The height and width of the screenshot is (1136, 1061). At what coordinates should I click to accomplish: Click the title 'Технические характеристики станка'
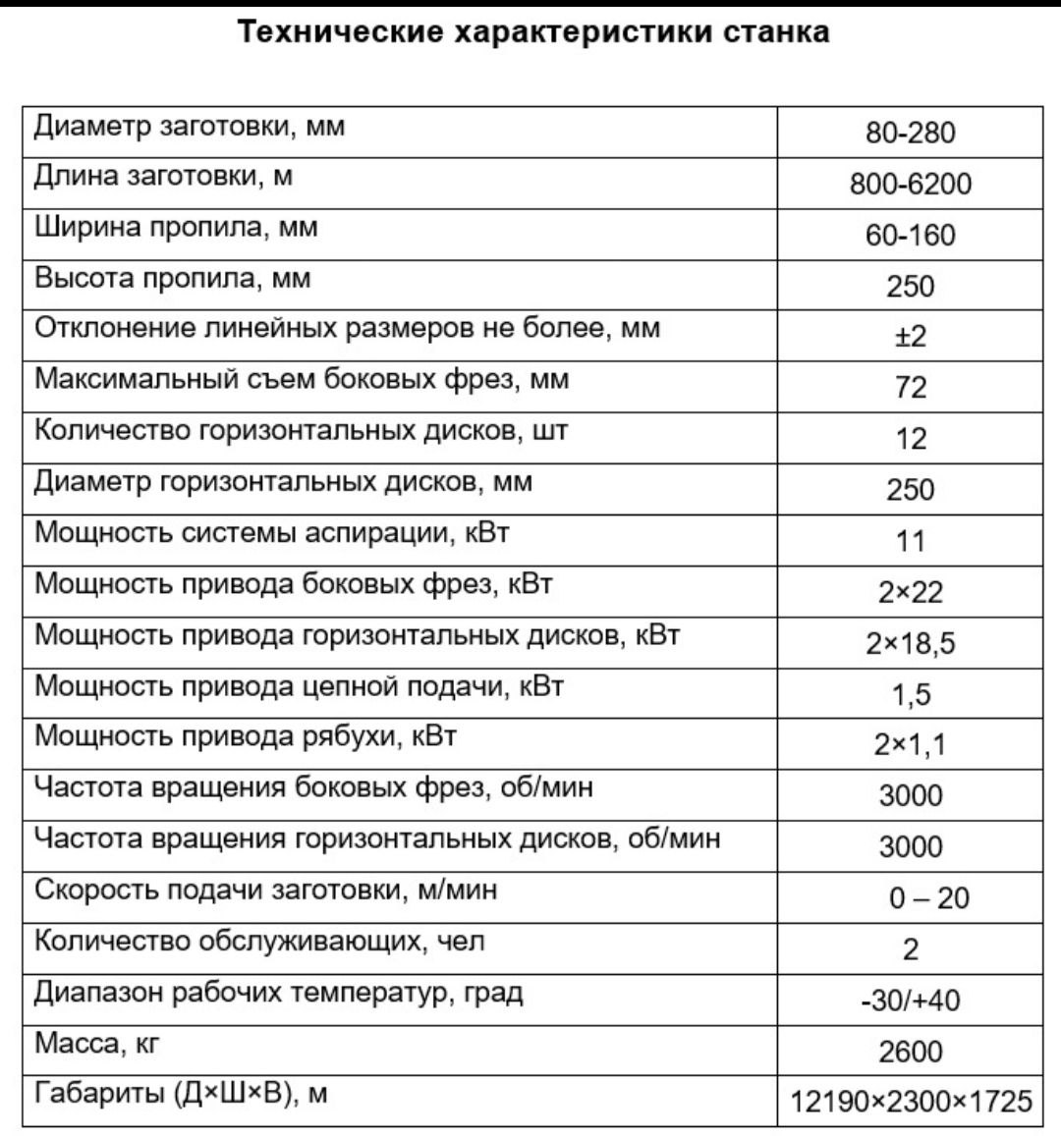[x=534, y=32]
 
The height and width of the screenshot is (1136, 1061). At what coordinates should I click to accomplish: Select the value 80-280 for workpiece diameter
[x=910, y=133]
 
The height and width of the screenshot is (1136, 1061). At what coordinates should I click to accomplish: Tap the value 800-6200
[x=910, y=184]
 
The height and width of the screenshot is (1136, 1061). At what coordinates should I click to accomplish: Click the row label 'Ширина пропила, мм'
[x=177, y=228]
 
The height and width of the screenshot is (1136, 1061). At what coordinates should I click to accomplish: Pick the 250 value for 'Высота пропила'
[x=910, y=286]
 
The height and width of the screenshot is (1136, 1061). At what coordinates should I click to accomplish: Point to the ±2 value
[x=910, y=337]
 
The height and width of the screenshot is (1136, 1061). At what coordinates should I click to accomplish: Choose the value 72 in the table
[x=910, y=388]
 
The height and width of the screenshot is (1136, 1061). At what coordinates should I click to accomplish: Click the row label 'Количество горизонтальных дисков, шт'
[x=302, y=432]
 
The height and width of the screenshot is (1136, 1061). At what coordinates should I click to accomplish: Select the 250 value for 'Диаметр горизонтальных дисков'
[x=910, y=490]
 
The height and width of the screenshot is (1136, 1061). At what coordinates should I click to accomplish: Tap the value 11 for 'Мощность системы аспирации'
[x=910, y=541]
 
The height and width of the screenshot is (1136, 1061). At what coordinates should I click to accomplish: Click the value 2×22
[x=910, y=592]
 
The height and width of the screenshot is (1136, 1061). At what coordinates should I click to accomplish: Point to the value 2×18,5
[x=910, y=643]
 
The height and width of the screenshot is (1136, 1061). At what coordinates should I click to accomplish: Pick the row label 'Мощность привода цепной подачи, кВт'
[x=300, y=686]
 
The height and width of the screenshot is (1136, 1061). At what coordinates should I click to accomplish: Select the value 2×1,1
[x=910, y=745]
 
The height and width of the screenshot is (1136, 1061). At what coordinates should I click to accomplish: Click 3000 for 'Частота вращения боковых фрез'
[x=910, y=796]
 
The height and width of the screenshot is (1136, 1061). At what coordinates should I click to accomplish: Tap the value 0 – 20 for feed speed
[x=928, y=898]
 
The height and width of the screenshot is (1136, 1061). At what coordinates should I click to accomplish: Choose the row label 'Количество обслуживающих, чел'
[x=260, y=942]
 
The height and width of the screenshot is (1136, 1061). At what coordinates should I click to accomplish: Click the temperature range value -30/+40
[x=910, y=1001]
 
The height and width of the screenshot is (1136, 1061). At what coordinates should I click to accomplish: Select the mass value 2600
[x=910, y=1052]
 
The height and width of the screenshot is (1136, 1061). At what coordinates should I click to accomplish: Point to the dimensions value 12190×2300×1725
[x=911, y=1102]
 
